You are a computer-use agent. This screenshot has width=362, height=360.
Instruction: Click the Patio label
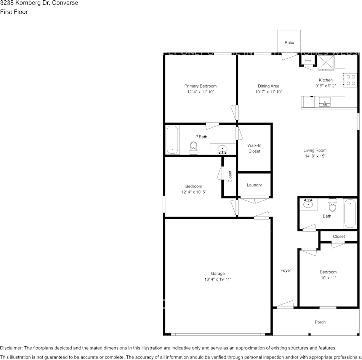(289, 43)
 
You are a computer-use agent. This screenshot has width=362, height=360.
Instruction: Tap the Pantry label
(308, 61)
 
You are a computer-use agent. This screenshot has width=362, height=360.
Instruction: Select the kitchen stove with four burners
(351, 80)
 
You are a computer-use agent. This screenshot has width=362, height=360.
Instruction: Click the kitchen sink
(325, 102)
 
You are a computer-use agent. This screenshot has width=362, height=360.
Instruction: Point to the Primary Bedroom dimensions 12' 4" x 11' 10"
(200, 92)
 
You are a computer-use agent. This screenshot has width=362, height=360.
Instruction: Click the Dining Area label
(269, 86)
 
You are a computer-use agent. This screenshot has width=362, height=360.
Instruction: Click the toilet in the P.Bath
(194, 148)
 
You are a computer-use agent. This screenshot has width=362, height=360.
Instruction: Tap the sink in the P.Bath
(223, 149)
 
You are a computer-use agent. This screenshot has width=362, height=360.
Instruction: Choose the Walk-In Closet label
(254, 148)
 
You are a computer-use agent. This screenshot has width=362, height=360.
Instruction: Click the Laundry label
(254, 185)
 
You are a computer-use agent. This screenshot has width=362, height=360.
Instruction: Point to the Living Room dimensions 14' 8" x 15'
(315, 156)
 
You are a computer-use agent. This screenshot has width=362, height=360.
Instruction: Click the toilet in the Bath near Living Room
(333, 205)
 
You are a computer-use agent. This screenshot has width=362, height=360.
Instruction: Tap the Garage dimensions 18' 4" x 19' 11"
(218, 279)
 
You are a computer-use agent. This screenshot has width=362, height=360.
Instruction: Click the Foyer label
(285, 271)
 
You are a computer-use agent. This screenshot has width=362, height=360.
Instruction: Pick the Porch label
(320, 322)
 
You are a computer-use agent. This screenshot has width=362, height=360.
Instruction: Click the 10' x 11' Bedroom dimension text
(328, 278)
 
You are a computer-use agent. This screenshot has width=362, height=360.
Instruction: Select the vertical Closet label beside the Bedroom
(230, 177)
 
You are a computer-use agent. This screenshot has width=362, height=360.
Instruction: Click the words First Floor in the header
(14, 12)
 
